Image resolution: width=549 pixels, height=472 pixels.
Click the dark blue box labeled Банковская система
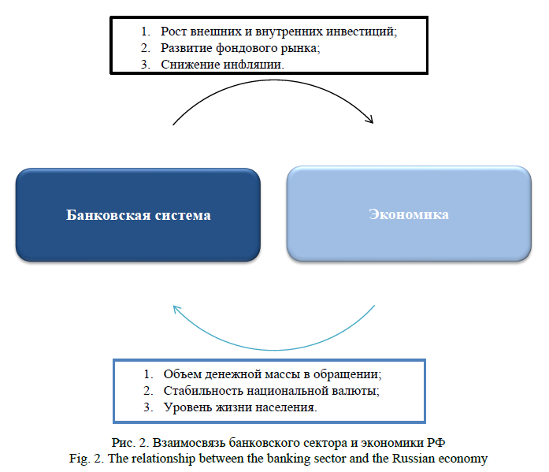[x=138, y=214]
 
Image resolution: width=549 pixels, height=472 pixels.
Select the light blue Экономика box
[x=409, y=214]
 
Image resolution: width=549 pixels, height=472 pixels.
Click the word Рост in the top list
[x=173, y=32]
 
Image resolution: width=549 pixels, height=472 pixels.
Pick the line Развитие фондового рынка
[x=240, y=48]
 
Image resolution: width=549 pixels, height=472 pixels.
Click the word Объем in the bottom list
[x=183, y=374]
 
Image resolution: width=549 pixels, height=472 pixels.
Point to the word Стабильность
[x=203, y=391]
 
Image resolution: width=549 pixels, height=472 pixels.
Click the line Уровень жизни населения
[x=240, y=407]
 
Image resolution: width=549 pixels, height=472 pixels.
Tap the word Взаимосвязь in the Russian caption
[x=189, y=443]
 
